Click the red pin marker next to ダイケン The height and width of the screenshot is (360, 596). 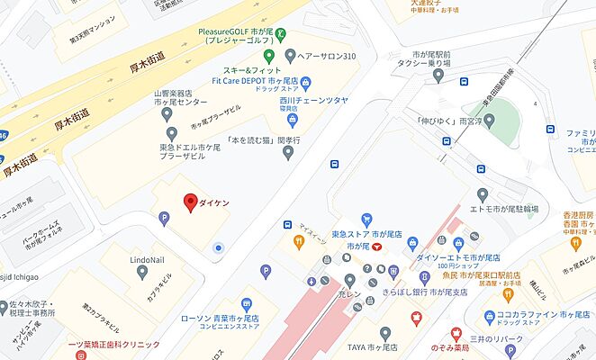(x=190, y=202)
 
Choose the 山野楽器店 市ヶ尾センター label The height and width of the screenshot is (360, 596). (x=173, y=97)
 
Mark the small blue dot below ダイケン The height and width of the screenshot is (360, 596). (x=217, y=247)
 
